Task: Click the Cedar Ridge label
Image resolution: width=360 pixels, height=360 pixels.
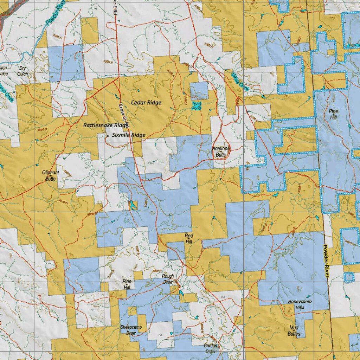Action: point(146,103)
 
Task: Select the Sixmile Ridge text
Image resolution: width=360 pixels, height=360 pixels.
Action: point(128,135)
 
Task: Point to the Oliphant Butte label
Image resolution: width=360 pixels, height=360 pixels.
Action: point(51,176)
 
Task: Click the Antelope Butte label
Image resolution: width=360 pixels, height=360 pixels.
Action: point(221,152)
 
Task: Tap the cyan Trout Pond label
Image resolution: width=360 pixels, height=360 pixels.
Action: point(197,106)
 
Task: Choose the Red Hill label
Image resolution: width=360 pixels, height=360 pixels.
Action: point(189,239)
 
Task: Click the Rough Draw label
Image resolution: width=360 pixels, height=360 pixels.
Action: point(168,279)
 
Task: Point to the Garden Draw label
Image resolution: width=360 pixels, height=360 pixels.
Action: point(210,348)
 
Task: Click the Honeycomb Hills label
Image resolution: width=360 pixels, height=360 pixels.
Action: point(300,304)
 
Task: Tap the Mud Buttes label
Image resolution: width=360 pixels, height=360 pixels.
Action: point(294,331)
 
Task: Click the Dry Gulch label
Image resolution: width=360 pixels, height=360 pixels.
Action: point(23,71)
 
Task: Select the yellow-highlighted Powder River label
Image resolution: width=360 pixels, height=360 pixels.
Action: point(326,261)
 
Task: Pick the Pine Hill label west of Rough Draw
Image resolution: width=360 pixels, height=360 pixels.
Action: point(127,284)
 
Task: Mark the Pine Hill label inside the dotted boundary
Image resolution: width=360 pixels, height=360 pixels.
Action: point(333,114)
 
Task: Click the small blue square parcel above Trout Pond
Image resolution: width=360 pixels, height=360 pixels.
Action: point(199,90)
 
